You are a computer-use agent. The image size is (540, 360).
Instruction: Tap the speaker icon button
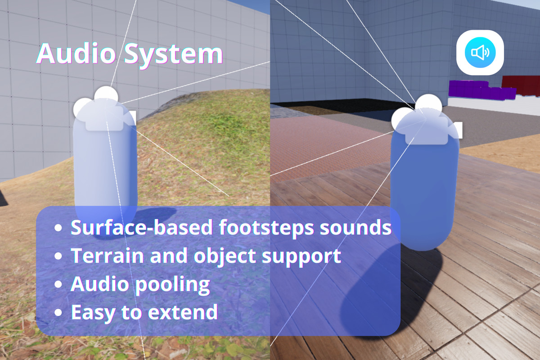480,53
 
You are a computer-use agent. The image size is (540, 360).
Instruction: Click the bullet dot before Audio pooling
58,285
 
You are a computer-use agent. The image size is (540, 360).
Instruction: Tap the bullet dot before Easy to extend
58,312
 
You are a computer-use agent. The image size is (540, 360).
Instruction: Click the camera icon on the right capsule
423,121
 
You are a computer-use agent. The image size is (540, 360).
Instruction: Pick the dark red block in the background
521,85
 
